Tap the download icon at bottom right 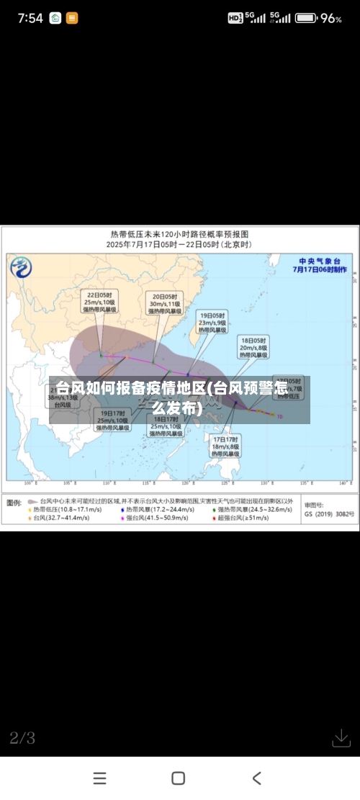pyautogui.click(x=341, y=738)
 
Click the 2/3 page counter pyautogui.click(x=22, y=737)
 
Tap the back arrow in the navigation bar pyautogui.click(x=257, y=778)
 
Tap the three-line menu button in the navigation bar pyautogui.click(x=100, y=778)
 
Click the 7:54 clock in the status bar pyautogui.click(x=30, y=18)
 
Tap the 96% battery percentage pyautogui.click(x=331, y=18)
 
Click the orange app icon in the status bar pyautogui.click(x=71, y=18)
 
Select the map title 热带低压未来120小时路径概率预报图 pyautogui.click(x=179, y=234)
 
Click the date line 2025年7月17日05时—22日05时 pyautogui.click(x=179, y=245)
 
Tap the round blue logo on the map pyautogui.click(x=21, y=268)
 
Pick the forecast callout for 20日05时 pyautogui.click(x=165, y=304)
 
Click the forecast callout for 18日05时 pyautogui.click(x=253, y=346)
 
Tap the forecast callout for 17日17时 pyautogui.click(x=225, y=446)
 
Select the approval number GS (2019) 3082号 pyautogui.click(x=329, y=514)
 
